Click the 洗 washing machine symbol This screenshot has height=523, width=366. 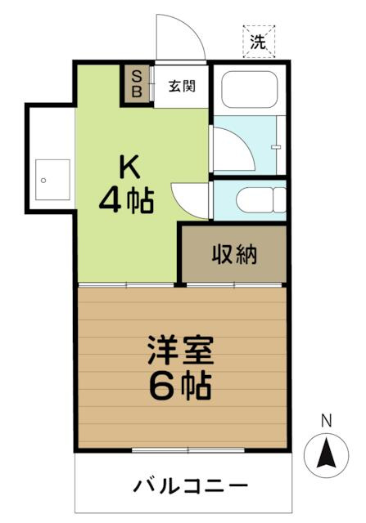[x=259, y=42]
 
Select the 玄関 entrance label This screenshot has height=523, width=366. [x=182, y=87]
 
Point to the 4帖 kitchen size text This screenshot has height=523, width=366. [x=127, y=201]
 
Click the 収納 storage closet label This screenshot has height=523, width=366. [x=234, y=254]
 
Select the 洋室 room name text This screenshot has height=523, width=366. [x=181, y=350]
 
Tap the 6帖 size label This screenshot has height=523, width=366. [x=180, y=387]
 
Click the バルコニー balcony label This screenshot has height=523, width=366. [x=191, y=486]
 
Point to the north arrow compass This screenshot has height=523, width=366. [x=326, y=455]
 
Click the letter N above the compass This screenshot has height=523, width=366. [x=326, y=421]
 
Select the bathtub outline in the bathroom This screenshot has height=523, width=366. [x=250, y=89]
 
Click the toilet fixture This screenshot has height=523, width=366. [x=261, y=200]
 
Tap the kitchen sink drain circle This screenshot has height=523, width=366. [x=43, y=181]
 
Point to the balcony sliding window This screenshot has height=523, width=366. [x=188, y=450]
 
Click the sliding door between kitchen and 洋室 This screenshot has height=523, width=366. [x=126, y=285]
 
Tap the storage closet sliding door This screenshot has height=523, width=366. [x=234, y=285]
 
